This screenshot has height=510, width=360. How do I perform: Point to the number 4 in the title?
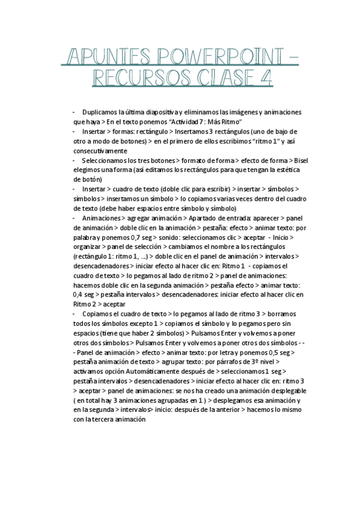tap(265, 79)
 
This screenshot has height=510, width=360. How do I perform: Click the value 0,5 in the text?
tap(272, 352)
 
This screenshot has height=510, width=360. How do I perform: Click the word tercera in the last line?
tap(103, 420)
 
